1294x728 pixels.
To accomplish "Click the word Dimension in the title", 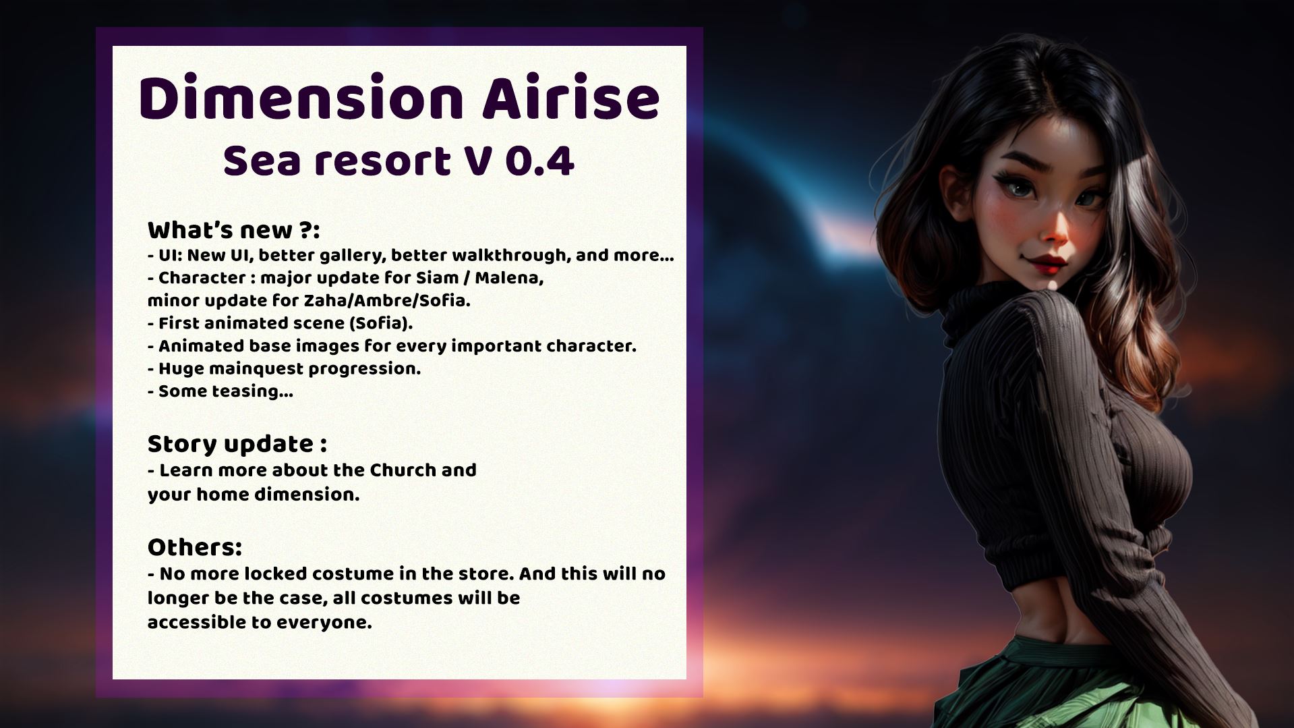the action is (x=301, y=99).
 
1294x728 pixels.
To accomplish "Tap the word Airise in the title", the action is (x=570, y=99).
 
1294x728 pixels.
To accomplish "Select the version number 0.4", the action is (x=539, y=161).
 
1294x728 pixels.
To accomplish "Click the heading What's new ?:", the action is (x=233, y=230).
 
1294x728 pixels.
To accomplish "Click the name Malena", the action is (x=509, y=278).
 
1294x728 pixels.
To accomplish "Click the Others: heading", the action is (x=195, y=547).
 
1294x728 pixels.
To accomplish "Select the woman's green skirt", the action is (x=1086, y=688).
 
